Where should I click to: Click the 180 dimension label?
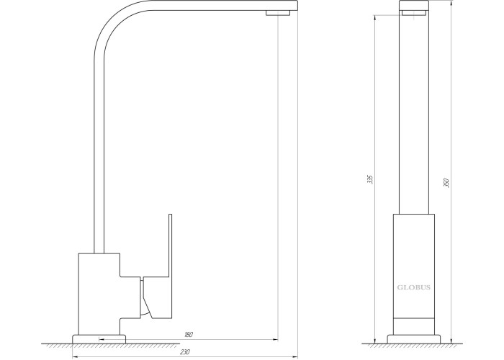189,335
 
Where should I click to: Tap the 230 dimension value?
184,352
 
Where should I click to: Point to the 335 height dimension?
370,179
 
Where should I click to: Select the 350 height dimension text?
446,183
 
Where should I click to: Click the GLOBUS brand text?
414,287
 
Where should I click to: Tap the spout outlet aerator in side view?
278,12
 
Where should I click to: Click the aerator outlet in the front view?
414,12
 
